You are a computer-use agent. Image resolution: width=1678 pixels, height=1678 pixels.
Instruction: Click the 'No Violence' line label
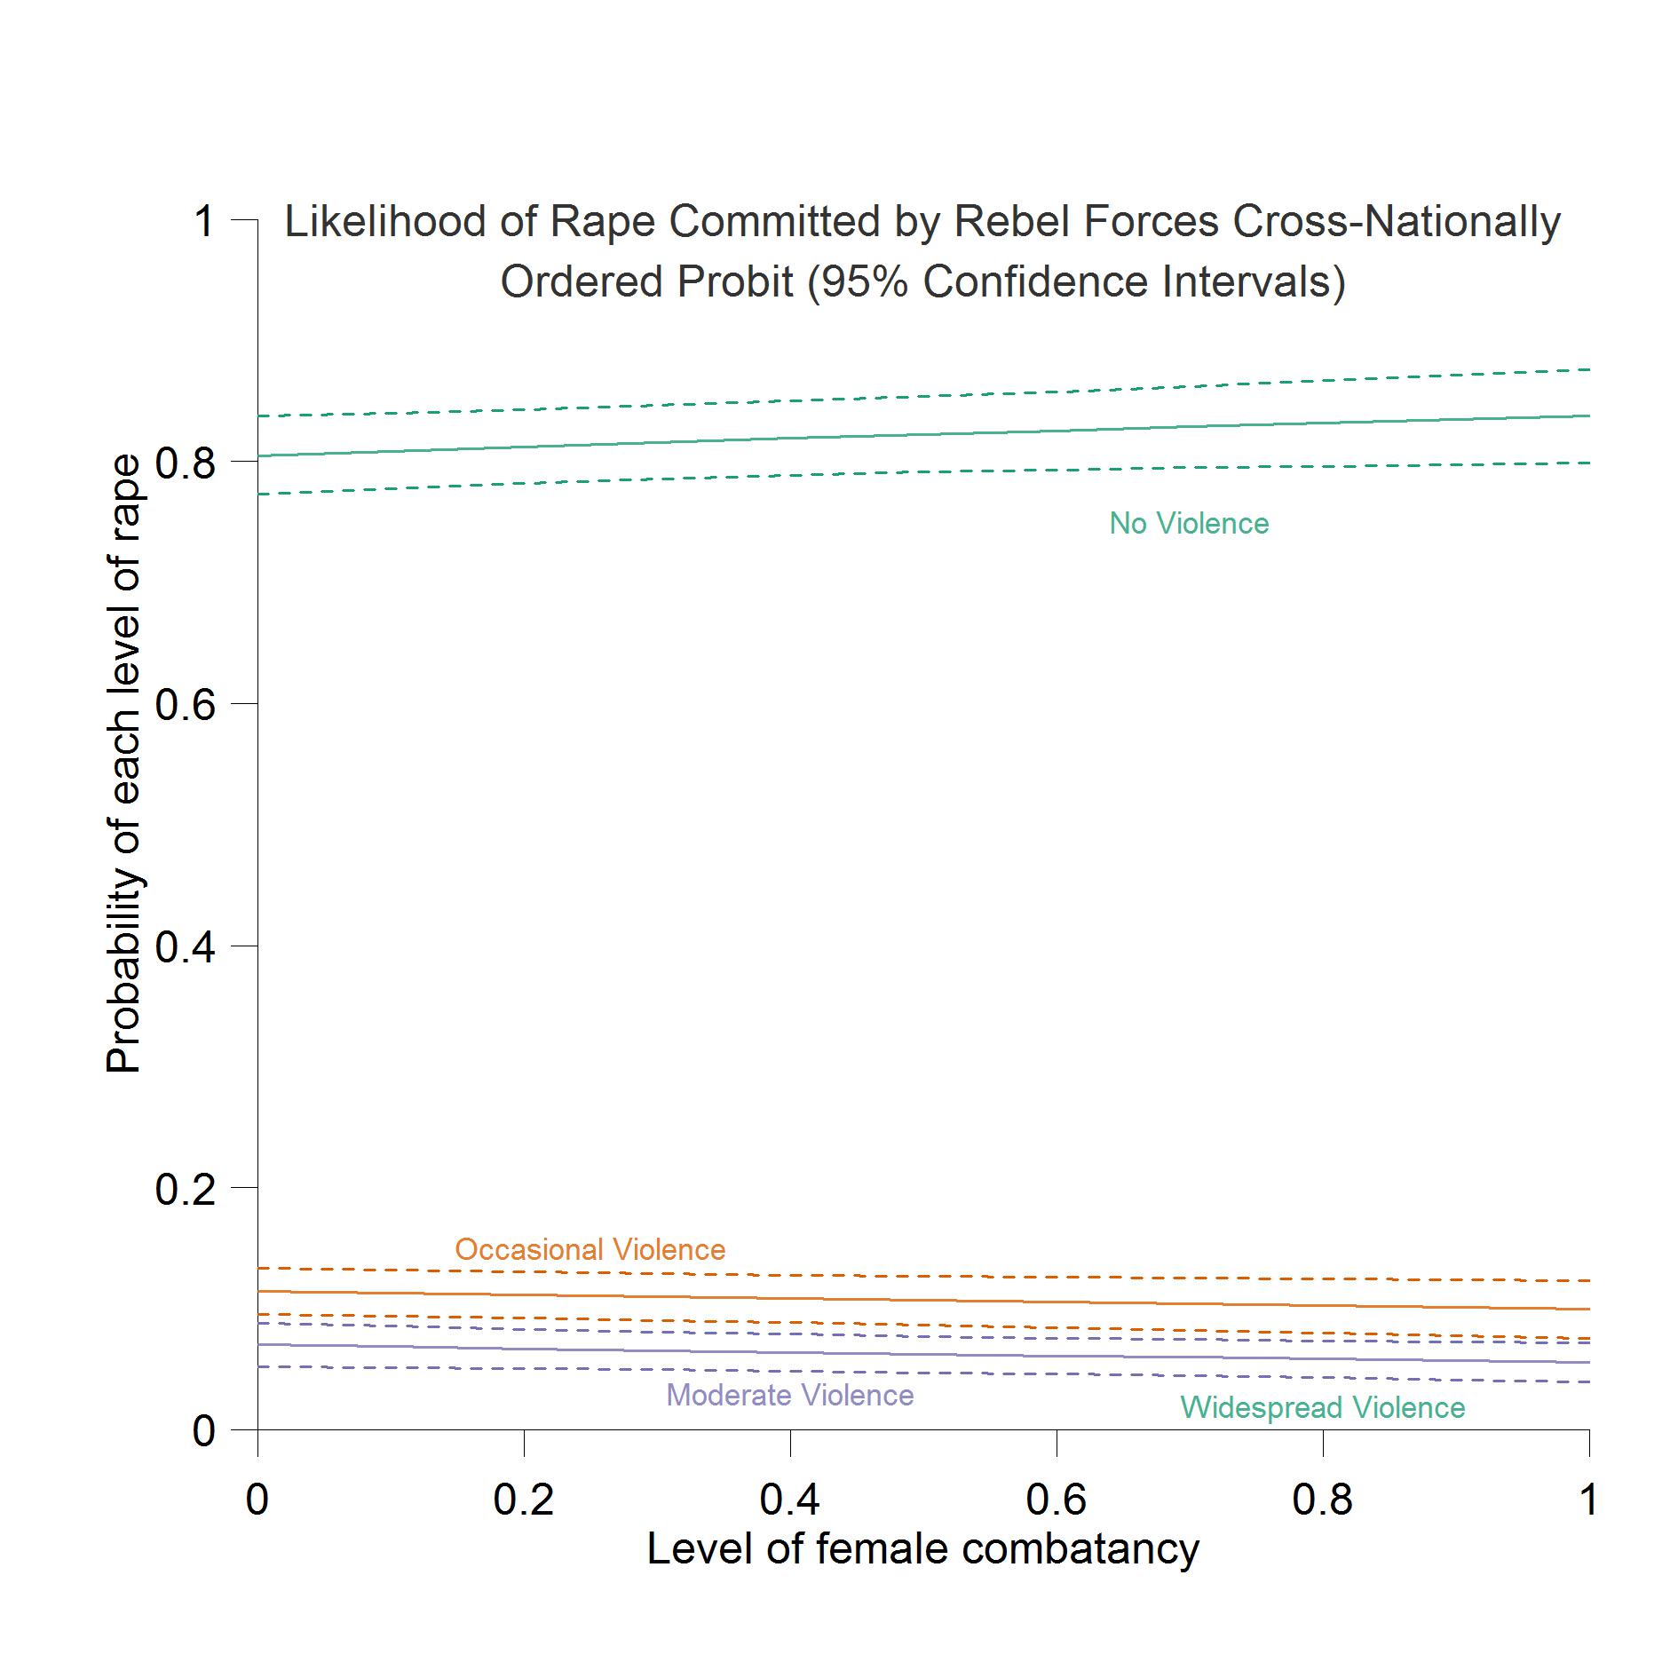tap(1189, 524)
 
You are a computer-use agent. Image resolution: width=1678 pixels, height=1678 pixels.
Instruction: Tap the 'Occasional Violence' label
tap(590, 1250)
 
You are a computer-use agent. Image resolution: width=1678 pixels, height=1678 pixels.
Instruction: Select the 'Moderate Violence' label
tap(789, 1396)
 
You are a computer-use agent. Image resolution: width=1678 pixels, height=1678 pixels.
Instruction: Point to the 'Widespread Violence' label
tap(1322, 1408)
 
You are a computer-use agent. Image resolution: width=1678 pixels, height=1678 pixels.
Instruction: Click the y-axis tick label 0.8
tap(186, 463)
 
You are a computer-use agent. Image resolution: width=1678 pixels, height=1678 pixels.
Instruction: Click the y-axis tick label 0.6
tap(186, 704)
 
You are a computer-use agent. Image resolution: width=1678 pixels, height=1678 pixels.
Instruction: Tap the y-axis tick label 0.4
tap(186, 947)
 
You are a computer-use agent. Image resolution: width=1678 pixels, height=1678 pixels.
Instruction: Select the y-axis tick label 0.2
tap(186, 1189)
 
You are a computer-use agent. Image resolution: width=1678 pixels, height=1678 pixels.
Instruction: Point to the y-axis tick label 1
tap(204, 221)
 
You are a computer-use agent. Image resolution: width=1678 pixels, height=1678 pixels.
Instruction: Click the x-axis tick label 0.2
tap(524, 1500)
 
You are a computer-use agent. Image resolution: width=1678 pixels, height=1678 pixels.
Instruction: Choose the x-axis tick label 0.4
tap(790, 1500)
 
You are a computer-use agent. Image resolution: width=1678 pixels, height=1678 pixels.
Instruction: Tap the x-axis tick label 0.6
tap(1057, 1500)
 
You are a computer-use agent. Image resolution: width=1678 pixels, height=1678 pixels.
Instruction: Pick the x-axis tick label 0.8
tap(1323, 1500)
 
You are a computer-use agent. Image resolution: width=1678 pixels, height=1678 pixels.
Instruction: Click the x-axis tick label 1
tap(1588, 1500)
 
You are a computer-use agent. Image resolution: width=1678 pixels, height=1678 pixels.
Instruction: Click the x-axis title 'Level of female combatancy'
tap(922, 1549)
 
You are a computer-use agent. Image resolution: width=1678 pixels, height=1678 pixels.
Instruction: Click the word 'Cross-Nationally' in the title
tap(1397, 222)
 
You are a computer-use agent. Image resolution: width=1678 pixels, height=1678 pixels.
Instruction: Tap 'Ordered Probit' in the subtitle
tap(646, 282)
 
